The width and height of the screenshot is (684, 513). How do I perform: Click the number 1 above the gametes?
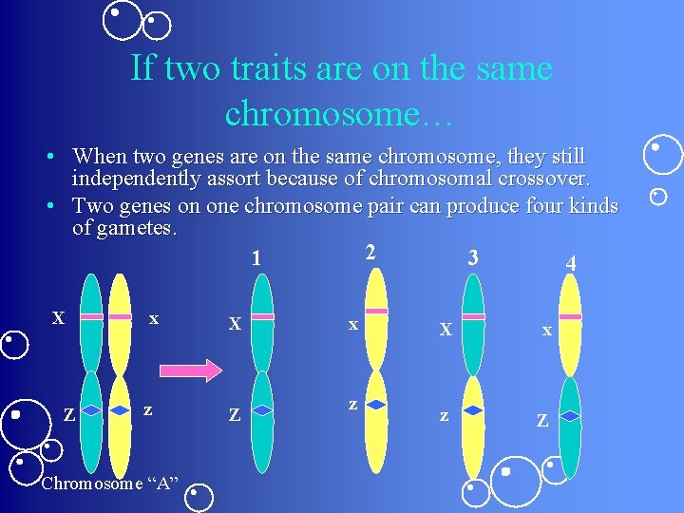(x=256, y=257)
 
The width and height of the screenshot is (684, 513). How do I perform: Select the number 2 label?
(x=370, y=252)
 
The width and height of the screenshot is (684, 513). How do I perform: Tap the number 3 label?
(x=472, y=257)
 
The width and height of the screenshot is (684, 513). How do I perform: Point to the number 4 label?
(x=570, y=263)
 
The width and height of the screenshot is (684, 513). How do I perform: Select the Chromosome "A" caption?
(x=110, y=483)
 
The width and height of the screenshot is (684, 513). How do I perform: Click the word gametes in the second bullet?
(x=142, y=228)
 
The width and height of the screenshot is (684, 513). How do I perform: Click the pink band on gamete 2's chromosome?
(x=376, y=311)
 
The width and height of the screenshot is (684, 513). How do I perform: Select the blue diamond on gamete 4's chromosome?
(x=569, y=415)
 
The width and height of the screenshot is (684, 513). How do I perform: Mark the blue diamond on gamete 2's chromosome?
(x=376, y=404)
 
